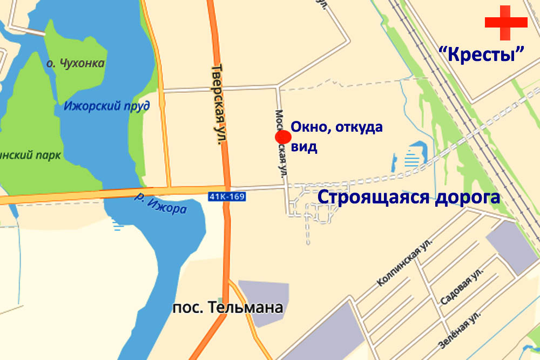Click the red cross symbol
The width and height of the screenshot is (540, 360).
pyautogui.click(x=506, y=22)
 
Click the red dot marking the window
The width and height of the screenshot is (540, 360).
pyautogui.click(x=283, y=137)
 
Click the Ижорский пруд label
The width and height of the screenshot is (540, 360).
pyautogui.click(x=106, y=106)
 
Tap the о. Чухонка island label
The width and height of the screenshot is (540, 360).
pyautogui.click(x=75, y=64)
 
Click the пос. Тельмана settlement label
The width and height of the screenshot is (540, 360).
pyautogui.click(x=227, y=308)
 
